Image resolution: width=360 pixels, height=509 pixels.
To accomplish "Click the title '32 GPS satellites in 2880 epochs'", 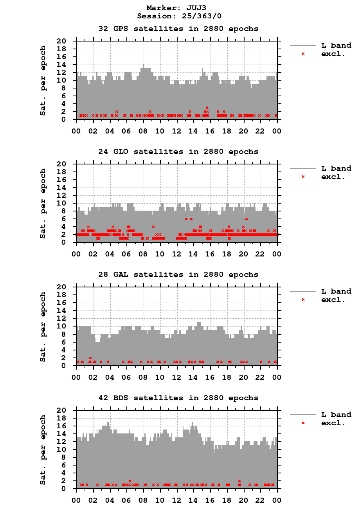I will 178,29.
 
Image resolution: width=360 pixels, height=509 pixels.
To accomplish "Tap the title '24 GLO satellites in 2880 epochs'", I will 178,152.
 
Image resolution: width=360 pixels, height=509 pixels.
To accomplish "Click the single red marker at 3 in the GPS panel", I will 207,108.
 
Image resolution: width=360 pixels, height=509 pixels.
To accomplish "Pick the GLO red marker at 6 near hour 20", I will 247,219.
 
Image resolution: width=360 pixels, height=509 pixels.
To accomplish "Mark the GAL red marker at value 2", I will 90,358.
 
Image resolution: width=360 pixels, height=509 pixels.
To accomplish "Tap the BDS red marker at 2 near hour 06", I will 130,481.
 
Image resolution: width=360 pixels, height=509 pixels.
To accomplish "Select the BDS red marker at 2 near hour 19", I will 239,481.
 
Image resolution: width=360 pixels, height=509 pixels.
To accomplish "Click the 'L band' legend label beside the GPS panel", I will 336,46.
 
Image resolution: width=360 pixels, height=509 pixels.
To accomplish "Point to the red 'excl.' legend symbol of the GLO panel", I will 303,177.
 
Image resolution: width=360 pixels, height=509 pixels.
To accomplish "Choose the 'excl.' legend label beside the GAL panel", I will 333,300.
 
